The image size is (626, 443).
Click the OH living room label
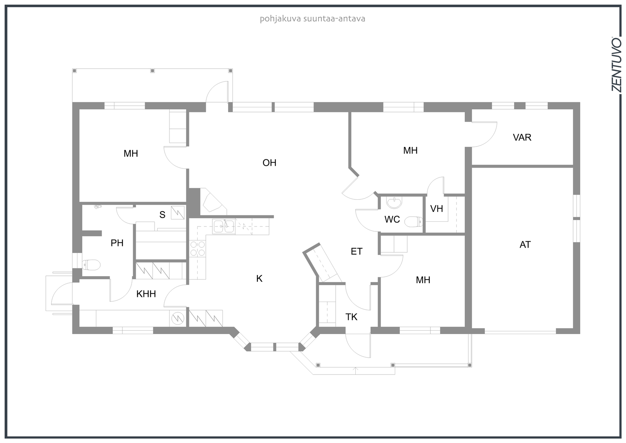tap(269, 163)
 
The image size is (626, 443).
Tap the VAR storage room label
tap(522, 137)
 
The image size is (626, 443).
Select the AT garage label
tap(525, 245)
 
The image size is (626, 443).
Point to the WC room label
tap(392, 219)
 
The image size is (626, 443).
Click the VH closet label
tap(437, 209)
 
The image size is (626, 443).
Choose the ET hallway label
tap(356, 251)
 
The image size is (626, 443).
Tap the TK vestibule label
tap(351, 317)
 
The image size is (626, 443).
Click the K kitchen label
tap(259, 278)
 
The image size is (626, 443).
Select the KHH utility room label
tap(146, 294)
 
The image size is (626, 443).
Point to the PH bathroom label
tap(117, 243)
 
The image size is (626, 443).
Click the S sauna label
tap(162, 215)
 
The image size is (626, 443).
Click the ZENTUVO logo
tap(616, 65)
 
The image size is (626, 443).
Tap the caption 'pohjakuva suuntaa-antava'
tap(312, 19)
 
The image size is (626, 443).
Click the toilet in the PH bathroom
tap(92, 265)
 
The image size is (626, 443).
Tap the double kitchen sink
tap(223, 226)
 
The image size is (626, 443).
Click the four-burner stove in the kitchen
tap(197, 248)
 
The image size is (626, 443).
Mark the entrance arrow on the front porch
tap(356, 369)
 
